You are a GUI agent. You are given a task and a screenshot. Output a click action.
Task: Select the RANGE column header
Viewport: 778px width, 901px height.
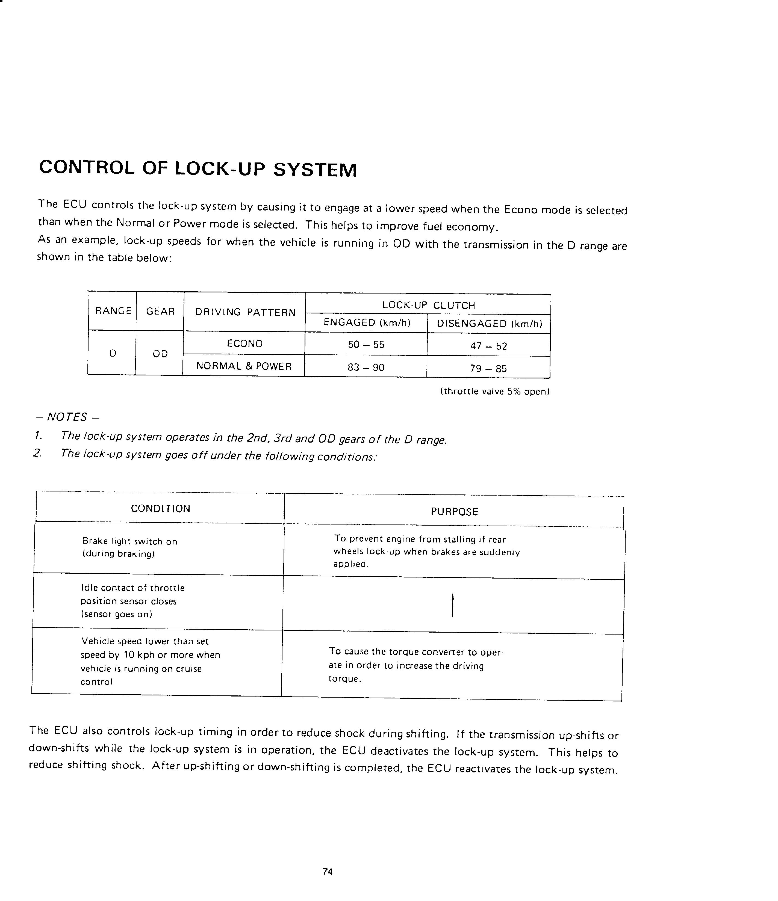pos(113,311)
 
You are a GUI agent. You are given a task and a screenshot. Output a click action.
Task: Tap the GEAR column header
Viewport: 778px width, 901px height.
pos(160,311)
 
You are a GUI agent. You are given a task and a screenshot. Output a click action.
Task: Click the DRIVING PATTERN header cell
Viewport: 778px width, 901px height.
pos(245,312)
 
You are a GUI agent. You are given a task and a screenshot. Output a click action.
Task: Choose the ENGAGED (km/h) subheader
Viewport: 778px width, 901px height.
pos(367,323)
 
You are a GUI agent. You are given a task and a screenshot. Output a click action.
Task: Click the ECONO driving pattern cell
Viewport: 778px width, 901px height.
pos(244,343)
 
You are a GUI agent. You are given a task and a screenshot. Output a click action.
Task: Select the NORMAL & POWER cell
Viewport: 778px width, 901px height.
pos(244,366)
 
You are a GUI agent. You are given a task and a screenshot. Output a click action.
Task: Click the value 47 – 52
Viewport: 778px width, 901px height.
pos(489,346)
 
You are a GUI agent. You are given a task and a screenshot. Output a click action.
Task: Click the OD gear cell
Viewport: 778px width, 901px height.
pos(160,354)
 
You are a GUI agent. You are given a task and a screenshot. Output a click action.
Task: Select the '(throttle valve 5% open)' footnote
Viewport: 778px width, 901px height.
pos(495,391)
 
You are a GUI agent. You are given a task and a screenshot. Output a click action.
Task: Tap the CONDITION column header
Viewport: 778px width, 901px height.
pos(161,509)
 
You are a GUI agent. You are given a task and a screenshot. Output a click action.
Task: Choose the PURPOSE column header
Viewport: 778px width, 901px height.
pos(454,512)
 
